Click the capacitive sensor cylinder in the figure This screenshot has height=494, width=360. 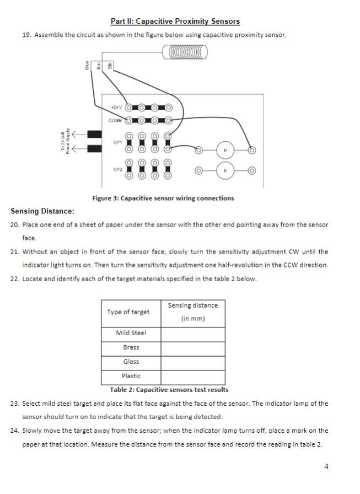[186, 52]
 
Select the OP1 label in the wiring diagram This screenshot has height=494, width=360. [117, 142]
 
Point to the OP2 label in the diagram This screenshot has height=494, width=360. [117, 170]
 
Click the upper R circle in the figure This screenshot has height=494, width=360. [225, 150]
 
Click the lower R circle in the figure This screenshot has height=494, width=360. [225, 171]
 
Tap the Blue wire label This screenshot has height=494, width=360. [87, 66]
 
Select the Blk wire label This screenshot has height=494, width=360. [110, 66]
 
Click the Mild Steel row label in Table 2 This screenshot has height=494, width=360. [131, 333]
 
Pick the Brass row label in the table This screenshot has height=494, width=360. [131, 347]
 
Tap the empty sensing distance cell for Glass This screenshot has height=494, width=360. [192, 362]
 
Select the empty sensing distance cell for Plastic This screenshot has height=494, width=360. [192, 377]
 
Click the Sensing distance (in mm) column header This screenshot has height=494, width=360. [192, 312]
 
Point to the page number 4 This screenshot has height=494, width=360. [326, 467]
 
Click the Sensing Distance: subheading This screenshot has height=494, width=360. [42, 211]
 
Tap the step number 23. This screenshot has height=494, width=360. [15, 404]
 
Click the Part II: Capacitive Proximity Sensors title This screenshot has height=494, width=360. [175, 22]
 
